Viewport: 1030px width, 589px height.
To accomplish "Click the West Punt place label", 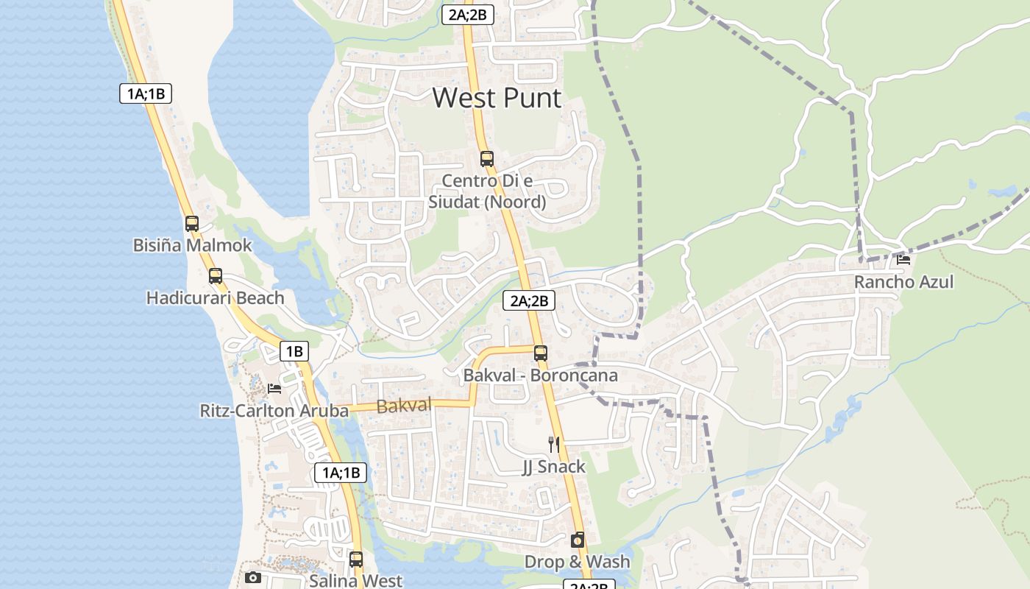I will (497, 98).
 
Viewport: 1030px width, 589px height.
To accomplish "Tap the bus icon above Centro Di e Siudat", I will (486, 158).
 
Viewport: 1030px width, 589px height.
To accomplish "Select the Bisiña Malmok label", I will (192, 245).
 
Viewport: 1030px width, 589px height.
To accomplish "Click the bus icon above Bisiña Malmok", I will (192, 223).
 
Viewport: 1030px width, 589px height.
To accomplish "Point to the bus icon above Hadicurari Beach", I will (215, 276).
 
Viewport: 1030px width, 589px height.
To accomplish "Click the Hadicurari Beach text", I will (215, 297).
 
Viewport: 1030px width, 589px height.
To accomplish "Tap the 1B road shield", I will (294, 351).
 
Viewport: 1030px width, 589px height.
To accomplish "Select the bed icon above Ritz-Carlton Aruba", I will (274, 388).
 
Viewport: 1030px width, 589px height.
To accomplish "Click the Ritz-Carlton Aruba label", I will (274, 410).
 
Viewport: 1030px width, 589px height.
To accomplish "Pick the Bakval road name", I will (404, 405).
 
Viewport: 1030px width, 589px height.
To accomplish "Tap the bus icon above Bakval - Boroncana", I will (540, 353).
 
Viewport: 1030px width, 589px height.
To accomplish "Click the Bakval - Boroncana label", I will (540, 375).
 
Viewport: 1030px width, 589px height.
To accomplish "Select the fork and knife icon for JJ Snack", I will (554, 444).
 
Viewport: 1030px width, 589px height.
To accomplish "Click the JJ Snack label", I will (554, 466).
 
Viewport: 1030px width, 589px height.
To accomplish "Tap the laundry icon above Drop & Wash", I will (578, 540).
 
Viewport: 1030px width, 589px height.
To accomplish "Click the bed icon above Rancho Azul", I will (903, 259).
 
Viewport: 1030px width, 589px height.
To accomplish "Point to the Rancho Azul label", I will (903, 281).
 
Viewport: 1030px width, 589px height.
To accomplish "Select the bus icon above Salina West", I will (356, 559).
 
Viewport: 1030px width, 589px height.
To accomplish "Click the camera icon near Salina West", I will (252, 577).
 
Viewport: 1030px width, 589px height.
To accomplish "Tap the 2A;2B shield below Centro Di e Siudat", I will (529, 300).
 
